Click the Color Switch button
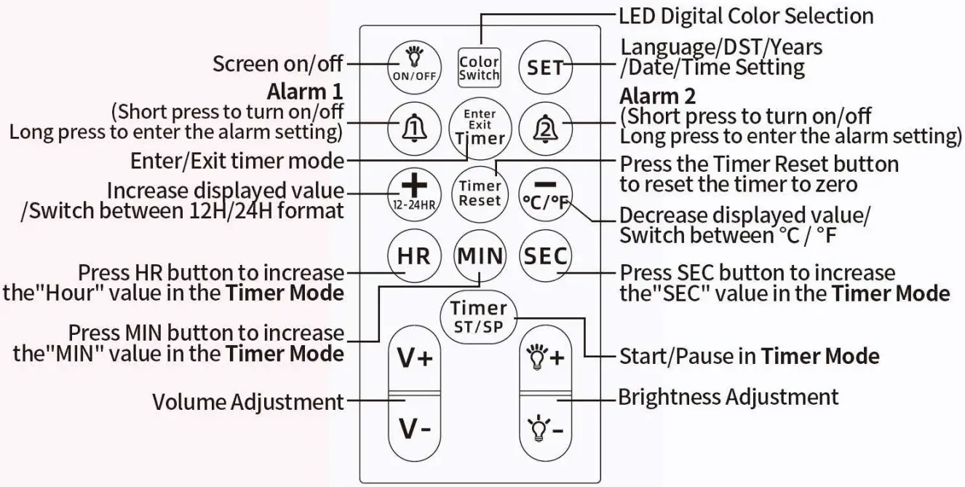[x=480, y=68]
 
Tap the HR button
[x=413, y=256]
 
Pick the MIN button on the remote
[x=480, y=256]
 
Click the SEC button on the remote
[x=546, y=256]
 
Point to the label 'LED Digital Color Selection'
[x=745, y=15]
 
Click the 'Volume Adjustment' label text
[x=248, y=401]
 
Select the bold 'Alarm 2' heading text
[x=657, y=96]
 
